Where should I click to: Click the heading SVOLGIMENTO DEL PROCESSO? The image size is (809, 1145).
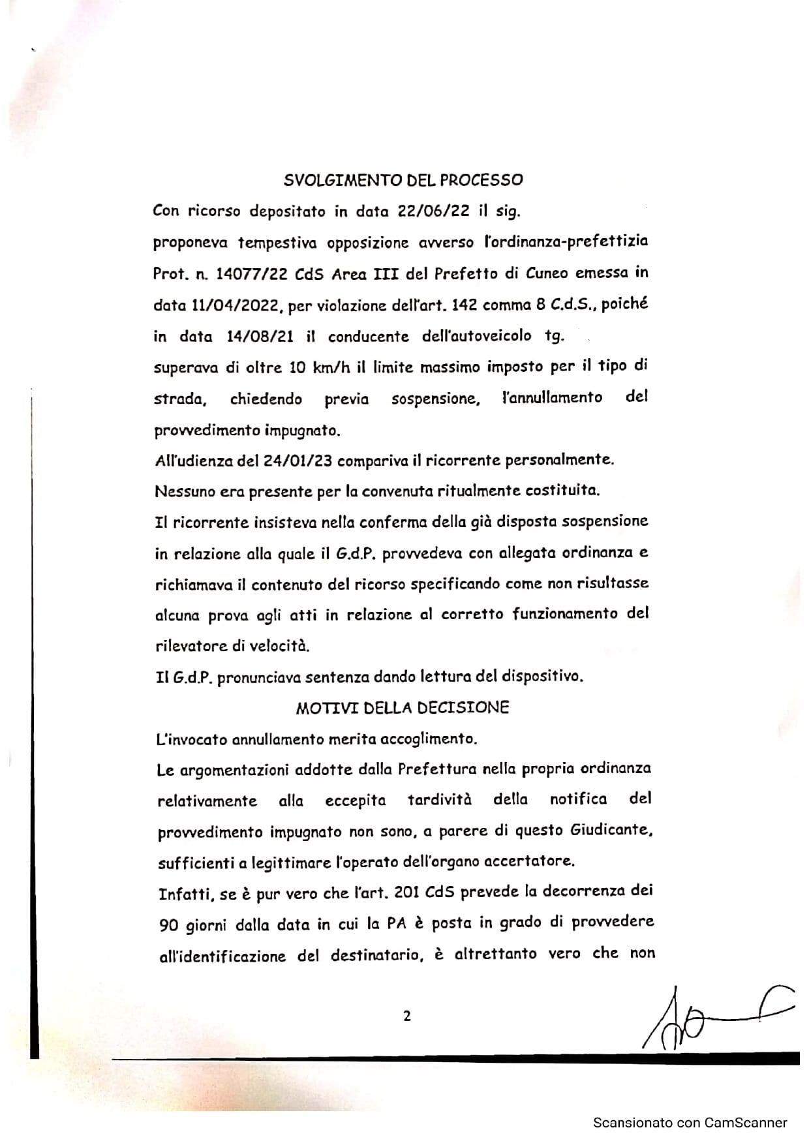(403, 179)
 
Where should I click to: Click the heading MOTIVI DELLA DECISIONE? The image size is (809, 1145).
(402, 708)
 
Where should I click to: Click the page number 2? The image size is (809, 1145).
(407, 1016)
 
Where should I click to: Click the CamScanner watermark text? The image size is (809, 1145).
(690, 1123)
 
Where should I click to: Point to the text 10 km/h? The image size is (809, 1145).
(320, 367)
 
